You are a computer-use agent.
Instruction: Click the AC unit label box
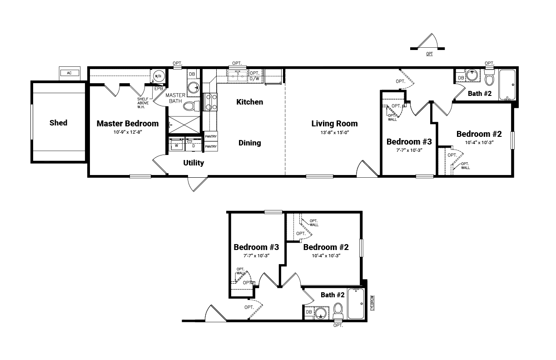pos(69,73)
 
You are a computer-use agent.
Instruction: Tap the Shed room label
pos(58,123)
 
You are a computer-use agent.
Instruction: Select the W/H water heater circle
pos(158,76)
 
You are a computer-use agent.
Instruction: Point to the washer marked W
pos(177,145)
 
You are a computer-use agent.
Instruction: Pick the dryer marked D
pos(194,145)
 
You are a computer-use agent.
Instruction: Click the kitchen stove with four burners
pos(210,102)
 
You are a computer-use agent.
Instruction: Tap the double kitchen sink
pos(237,76)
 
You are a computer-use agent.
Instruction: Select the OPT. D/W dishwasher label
pos(254,76)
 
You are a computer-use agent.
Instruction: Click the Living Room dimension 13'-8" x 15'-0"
pos(335,132)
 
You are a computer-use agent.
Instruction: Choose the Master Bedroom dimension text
pos(128,132)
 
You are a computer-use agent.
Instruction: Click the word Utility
pos(194,163)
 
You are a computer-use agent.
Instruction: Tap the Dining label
pos(250,143)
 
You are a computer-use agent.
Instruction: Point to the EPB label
pos(159,89)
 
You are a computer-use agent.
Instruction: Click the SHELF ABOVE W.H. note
pos(143,103)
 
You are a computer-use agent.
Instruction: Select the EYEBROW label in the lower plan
pos(372,303)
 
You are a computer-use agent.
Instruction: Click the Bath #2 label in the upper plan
pos(480,94)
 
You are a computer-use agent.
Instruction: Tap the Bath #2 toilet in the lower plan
pos(338,311)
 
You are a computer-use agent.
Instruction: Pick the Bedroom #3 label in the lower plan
pos(256,247)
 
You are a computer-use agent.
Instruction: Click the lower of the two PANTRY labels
pos(211,146)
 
